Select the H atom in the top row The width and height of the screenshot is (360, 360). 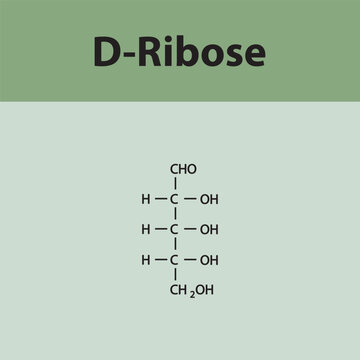(x=146, y=199)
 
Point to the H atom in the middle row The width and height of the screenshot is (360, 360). (x=146, y=229)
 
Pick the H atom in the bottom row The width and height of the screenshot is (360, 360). (x=146, y=260)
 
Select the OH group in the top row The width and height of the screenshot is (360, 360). (x=208, y=199)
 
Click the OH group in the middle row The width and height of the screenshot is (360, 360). (x=208, y=229)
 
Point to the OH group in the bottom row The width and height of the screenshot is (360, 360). (x=208, y=260)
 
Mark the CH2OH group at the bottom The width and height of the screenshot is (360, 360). (x=190, y=291)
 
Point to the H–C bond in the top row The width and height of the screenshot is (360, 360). (x=159, y=199)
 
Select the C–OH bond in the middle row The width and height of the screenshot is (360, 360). (x=190, y=229)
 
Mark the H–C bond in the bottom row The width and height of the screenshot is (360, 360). (x=159, y=260)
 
